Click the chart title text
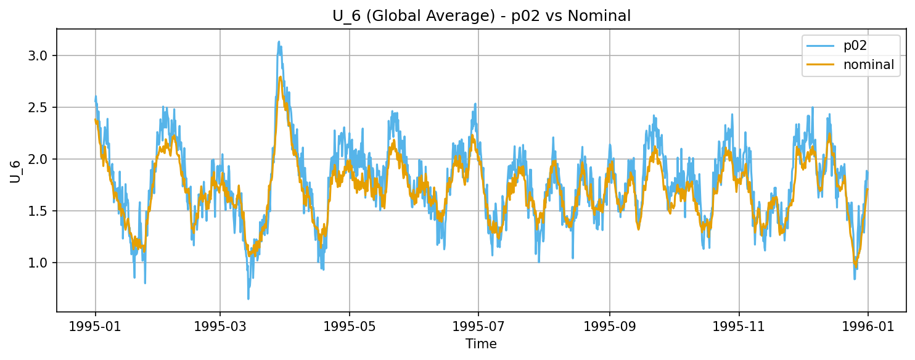[482, 16]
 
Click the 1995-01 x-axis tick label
[95, 326]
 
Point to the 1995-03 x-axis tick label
[220, 326]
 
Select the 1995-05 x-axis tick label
[350, 326]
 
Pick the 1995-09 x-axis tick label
[610, 326]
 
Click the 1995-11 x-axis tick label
[739, 326]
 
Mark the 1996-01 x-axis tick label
[868, 326]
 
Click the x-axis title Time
[481, 344]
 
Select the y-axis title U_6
[15, 170]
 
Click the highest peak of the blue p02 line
[279, 42]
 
